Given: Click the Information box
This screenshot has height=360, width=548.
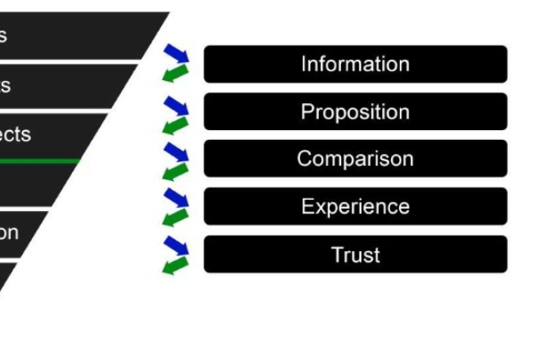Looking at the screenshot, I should tap(355, 64).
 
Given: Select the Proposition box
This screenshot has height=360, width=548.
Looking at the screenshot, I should tap(355, 111).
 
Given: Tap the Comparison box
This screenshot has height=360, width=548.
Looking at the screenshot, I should tap(355, 159).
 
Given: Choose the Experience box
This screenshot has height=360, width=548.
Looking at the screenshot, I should tap(355, 206).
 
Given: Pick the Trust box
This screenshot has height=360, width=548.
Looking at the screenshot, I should tap(355, 254).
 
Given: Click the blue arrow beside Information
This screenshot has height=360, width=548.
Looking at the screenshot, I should tap(176, 55).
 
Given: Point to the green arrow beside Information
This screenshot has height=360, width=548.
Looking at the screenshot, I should tap(175, 74).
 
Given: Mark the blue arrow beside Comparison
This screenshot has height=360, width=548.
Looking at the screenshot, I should tap(176, 152).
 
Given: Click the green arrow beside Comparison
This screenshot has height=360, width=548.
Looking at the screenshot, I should tap(175, 171).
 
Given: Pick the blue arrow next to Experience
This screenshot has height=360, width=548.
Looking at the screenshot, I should tap(176, 198).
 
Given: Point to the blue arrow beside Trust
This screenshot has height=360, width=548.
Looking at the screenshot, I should tap(176, 245).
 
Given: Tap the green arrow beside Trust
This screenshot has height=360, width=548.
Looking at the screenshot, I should tap(175, 265).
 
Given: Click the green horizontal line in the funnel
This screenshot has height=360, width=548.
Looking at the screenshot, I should tap(41, 161).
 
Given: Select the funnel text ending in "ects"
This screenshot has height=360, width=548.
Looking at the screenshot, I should tap(15, 134).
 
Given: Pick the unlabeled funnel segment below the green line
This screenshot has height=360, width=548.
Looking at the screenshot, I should tap(33, 184).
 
